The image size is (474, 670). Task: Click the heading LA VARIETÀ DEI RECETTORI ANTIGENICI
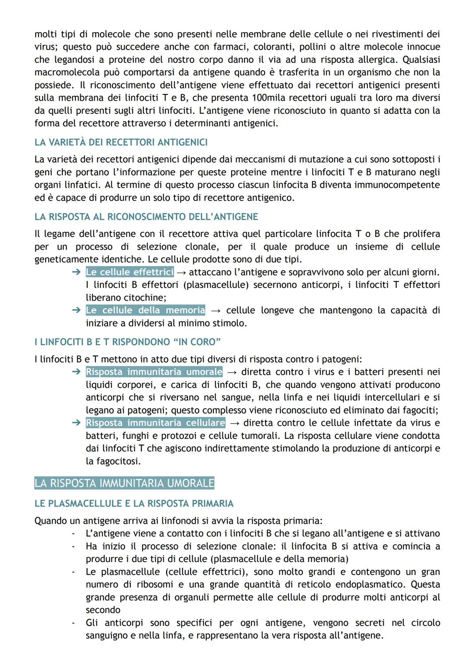click(x=121, y=142)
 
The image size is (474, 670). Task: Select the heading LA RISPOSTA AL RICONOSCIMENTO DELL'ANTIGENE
click(x=146, y=217)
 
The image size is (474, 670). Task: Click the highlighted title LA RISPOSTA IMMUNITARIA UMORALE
click(x=124, y=483)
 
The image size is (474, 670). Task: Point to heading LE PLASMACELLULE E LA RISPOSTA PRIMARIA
click(x=134, y=503)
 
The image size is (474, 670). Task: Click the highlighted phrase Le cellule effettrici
click(x=130, y=272)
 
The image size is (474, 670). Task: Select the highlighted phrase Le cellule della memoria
click(x=145, y=310)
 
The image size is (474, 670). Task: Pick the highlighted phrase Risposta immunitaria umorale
click(x=154, y=372)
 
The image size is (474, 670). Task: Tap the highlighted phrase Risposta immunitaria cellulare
click(x=155, y=423)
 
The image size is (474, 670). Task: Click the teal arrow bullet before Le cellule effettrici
click(x=76, y=272)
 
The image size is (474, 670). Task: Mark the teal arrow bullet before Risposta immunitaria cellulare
click(x=76, y=423)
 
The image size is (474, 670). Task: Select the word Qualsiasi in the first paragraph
click(x=421, y=59)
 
